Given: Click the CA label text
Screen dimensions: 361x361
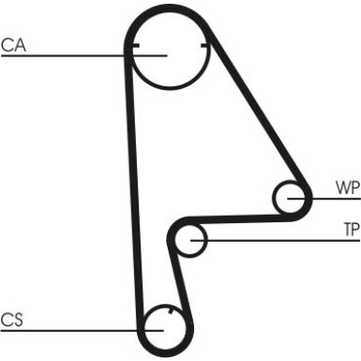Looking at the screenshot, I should [13, 44].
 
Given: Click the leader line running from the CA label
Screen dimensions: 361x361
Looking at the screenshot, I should [66, 56].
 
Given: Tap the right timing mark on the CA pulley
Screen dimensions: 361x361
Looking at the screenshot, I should [203, 45].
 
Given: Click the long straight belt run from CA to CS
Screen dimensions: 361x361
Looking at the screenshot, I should [132, 188].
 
